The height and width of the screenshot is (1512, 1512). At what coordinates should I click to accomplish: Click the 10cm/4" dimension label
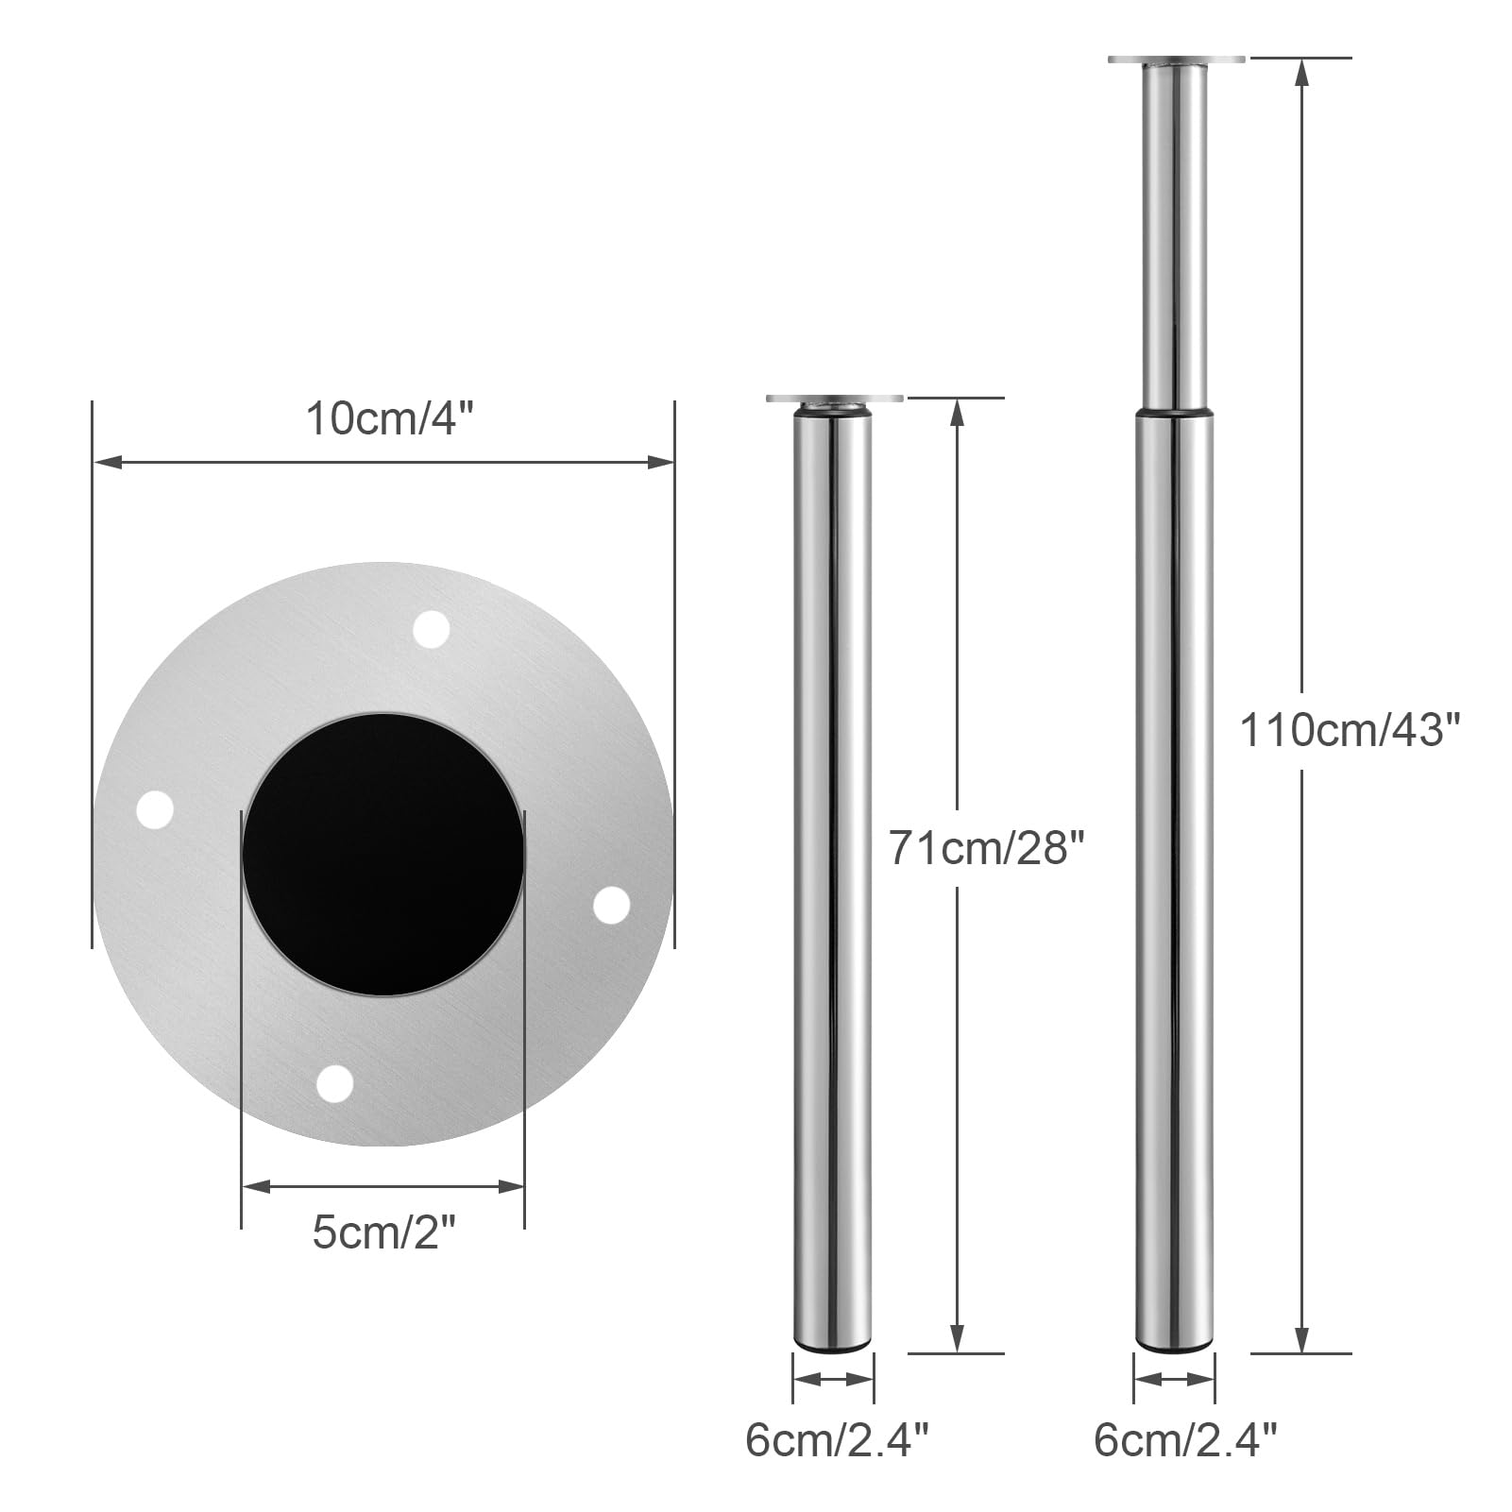point(388,418)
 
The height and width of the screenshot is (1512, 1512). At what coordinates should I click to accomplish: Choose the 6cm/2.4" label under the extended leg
point(1185,1440)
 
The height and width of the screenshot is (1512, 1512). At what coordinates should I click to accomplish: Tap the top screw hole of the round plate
point(432,630)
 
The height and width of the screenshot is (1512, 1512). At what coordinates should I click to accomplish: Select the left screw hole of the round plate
point(156,810)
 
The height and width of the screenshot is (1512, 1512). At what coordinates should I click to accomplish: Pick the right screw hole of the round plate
point(611,905)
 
